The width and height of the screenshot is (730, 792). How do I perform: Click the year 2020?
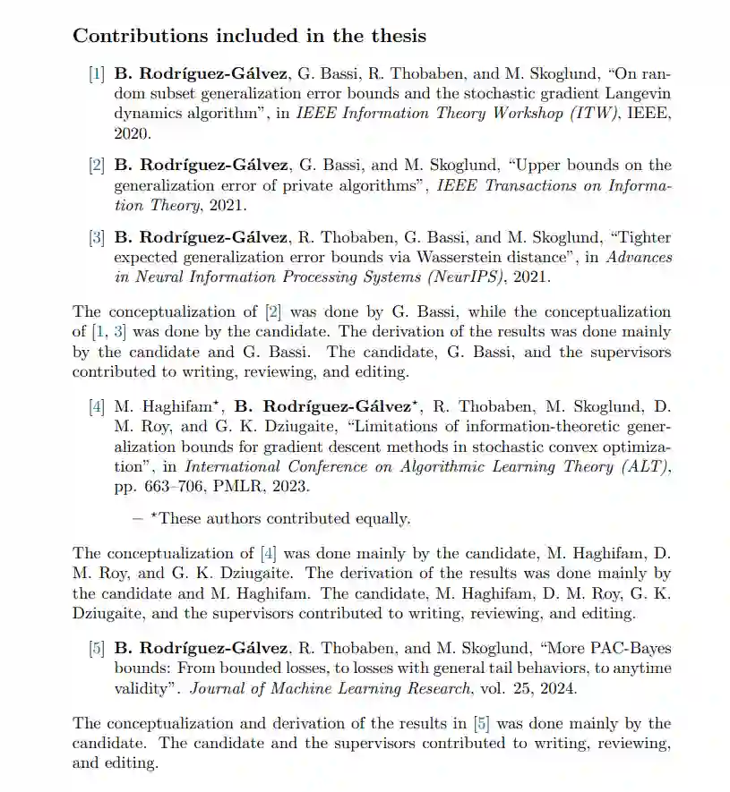click(x=132, y=132)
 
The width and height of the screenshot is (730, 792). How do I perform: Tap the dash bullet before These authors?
click(x=138, y=518)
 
